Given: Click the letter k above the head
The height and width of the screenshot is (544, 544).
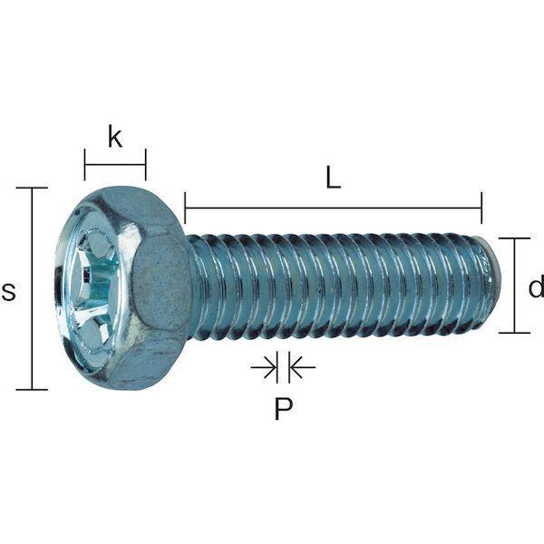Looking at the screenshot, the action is tap(115, 137).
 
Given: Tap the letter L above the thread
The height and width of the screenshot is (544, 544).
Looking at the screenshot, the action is tap(333, 178).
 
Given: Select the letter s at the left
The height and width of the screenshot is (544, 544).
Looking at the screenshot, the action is tap(8, 291).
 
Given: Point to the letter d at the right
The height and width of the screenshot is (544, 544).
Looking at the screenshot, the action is tap(537, 286).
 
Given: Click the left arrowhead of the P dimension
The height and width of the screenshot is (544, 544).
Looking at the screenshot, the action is tap(270, 366).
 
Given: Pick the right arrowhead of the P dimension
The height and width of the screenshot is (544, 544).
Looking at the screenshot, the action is tap(296, 366).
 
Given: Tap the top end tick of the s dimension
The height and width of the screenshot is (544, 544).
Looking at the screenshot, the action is tap(32, 188).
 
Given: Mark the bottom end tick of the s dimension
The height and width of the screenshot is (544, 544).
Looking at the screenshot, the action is tap(32, 390).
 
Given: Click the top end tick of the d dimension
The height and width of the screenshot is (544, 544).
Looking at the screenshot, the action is tap(514, 238).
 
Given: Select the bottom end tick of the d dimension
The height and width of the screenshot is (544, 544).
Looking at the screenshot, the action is tap(514, 333).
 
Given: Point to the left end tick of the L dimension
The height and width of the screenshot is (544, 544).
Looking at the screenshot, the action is tap(185, 208).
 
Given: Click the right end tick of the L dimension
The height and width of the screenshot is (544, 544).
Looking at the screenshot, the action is tap(481, 208).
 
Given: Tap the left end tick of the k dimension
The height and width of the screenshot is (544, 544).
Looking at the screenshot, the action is tap(84, 165).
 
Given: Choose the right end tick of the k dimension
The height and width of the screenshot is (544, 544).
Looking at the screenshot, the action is tap(146, 165).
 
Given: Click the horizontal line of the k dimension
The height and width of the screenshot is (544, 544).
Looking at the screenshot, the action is tap(115, 165).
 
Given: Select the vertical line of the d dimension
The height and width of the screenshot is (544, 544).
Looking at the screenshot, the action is tap(514, 286).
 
